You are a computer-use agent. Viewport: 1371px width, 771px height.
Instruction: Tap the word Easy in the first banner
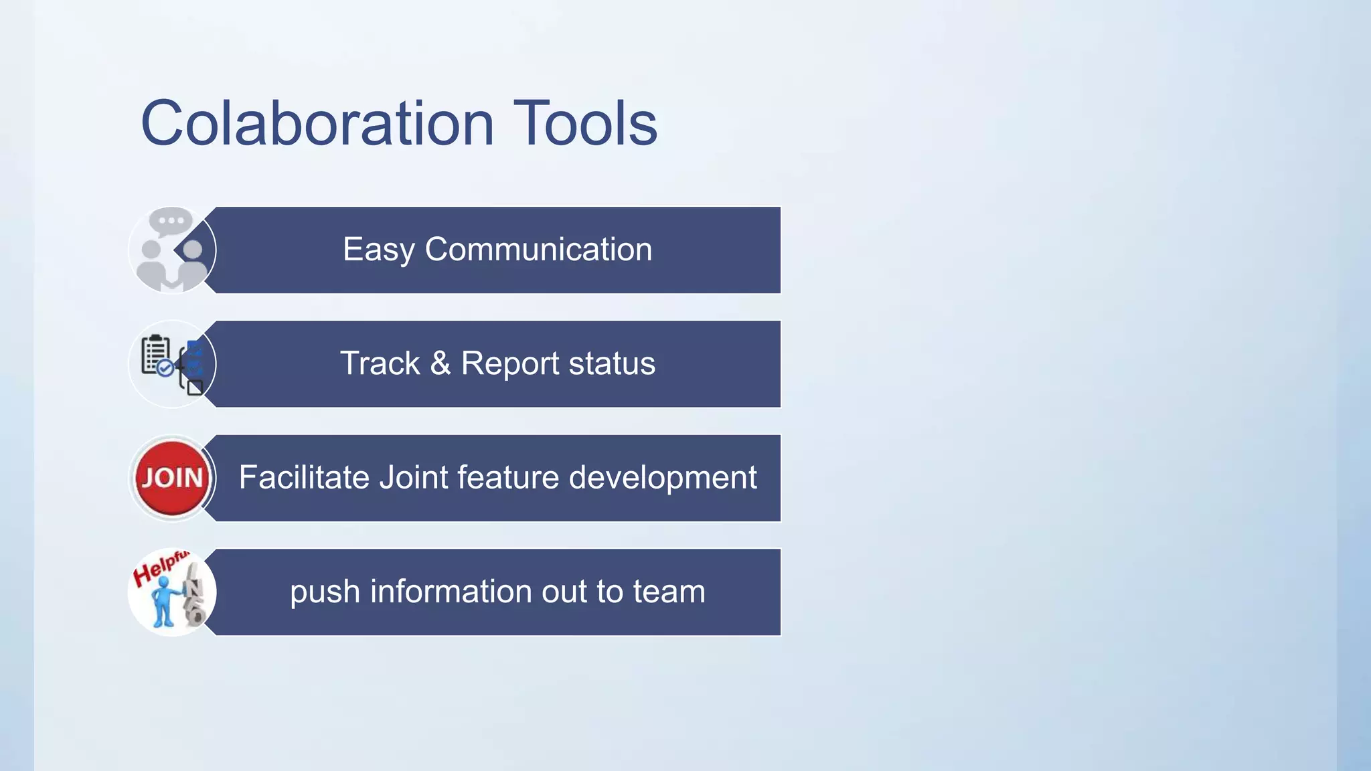378,250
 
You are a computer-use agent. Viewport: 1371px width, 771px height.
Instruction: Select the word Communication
538,249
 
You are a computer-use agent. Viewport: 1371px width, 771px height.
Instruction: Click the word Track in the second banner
380,363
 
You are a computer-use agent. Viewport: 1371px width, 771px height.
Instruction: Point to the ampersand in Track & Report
440,363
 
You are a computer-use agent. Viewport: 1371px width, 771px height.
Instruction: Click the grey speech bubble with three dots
171,221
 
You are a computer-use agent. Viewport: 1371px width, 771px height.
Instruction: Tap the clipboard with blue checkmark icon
157,355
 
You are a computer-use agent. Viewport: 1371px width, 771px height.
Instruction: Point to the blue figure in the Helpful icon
163,600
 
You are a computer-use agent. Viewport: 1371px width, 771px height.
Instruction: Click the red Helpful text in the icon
159,568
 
